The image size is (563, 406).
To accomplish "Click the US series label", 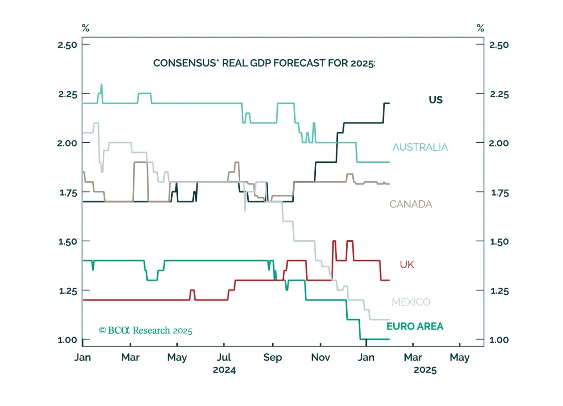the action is pyautogui.click(x=435, y=100).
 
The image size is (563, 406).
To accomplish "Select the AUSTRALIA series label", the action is pyautogui.click(x=420, y=147).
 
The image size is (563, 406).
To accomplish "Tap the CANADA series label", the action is pyautogui.click(x=411, y=204).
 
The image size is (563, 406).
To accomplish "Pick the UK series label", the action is pyautogui.click(x=407, y=264).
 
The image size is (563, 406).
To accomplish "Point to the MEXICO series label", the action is pyautogui.click(x=411, y=302).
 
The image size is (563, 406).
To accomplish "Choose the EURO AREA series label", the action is pyautogui.click(x=415, y=326).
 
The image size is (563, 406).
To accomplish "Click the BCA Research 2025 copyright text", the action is pyautogui.click(x=145, y=330).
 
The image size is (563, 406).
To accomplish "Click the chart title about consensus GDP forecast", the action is pyautogui.click(x=265, y=63).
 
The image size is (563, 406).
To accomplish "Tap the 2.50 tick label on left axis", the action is pyautogui.click(x=68, y=45).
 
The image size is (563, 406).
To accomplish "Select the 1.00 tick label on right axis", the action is pyautogui.click(x=499, y=340).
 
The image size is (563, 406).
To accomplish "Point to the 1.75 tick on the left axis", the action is pyautogui.click(x=86, y=192).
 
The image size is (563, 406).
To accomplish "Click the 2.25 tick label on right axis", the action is pyautogui.click(x=499, y=94).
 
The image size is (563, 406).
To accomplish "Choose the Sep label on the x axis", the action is pyautogui.click(x=273, y=357).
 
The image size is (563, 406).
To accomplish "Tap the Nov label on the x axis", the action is pyautogui.click(x=320, y=357).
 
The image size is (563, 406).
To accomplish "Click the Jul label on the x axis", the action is pyautogui.click(x=224, y=357).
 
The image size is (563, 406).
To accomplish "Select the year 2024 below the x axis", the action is pyautogui.click(x=224, y=370).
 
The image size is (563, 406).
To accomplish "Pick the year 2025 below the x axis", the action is pyautogui.click(x=425, y=370).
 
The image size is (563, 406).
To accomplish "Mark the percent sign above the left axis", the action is pyautogui.click(x=85, y=28).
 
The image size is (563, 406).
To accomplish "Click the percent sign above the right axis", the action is pyautogui.click(x=480, y=28).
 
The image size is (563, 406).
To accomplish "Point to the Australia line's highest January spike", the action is pyautogui.click(x=101, y=84).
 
